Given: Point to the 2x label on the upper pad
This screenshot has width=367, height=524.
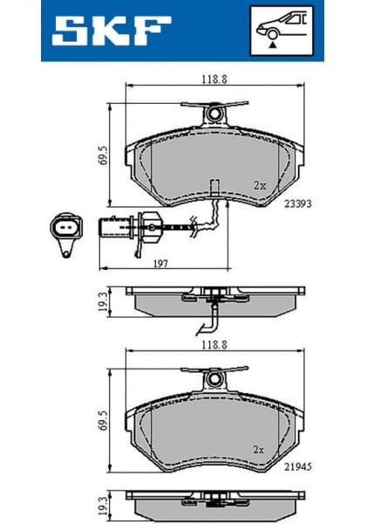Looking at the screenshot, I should tap(259, 185).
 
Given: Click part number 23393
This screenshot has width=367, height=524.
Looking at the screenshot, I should tap(297, 203).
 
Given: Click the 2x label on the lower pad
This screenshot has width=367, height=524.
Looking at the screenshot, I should tap(259, 452).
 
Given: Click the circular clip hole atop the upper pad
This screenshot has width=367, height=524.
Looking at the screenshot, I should tap(213, 112).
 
